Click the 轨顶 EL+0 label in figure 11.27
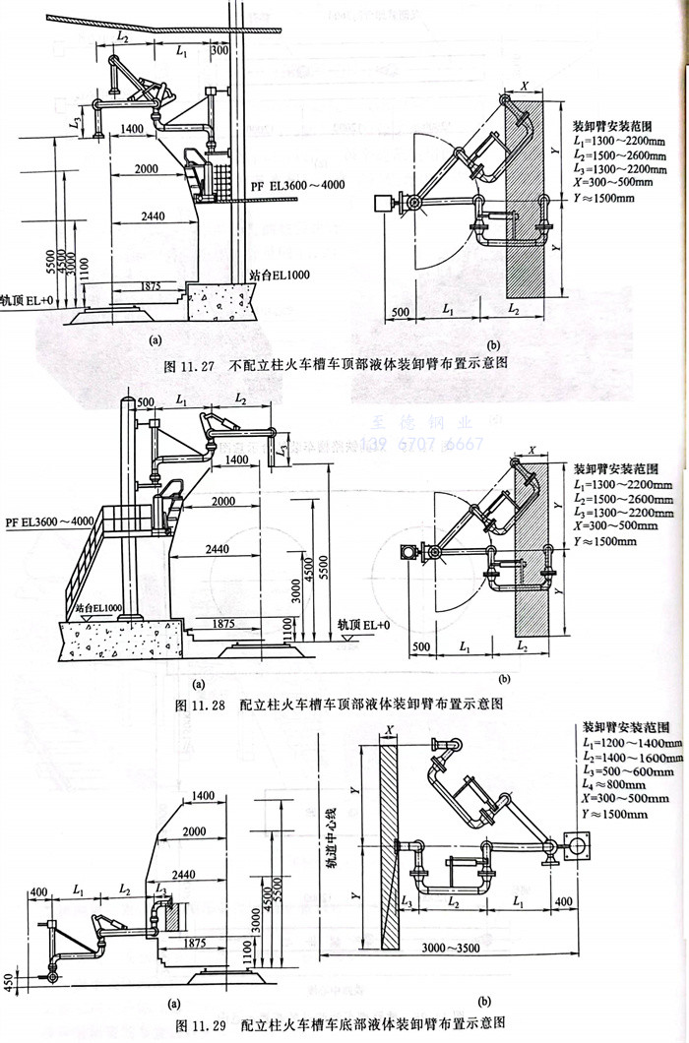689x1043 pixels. tap(25, 298)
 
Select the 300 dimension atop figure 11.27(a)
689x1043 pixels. tap(218, 49)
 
